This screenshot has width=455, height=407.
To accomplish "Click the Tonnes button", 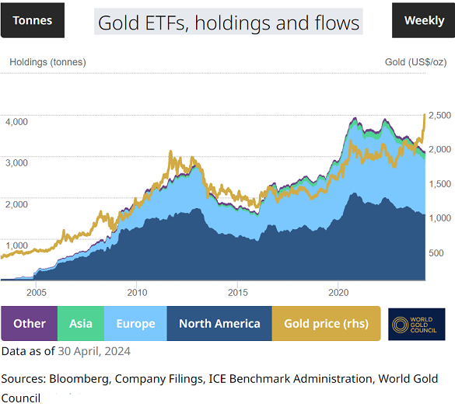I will pos(33,20).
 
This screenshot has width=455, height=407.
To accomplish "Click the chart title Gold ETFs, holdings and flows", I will pos(229,22).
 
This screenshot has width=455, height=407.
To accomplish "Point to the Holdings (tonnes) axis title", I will pos(47,62).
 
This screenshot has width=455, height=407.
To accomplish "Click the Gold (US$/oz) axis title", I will pos(415,62).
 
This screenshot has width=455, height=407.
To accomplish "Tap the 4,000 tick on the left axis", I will pos(16,121).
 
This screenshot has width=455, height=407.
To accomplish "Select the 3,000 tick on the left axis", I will pos(16,163).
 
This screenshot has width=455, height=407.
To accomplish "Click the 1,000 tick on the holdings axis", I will pos(16,245).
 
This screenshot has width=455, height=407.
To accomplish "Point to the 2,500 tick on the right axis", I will pos(439,115).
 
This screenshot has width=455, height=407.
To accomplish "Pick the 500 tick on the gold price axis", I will pos(436,253).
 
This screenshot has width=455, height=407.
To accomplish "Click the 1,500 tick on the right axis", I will pos(439,184).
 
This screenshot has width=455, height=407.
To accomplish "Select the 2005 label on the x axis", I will pos(36,293).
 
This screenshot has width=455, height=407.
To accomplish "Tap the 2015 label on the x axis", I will pos(237,293).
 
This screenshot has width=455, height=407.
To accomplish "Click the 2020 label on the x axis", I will pos(338,293).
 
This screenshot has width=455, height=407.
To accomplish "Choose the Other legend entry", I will pos(30,324).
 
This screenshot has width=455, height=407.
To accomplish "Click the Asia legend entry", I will pos(81,324).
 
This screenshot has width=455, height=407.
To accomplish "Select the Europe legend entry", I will pos(135,324).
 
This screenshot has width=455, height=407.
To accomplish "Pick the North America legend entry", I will pos(219,324).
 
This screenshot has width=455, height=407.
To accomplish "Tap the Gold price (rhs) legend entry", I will pos(326,324).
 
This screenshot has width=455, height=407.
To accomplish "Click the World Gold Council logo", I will pos(416,324).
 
